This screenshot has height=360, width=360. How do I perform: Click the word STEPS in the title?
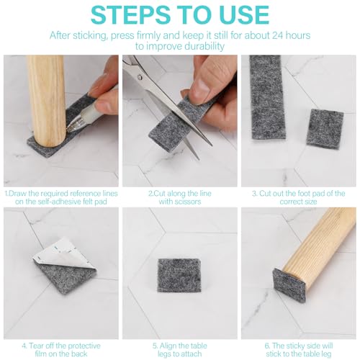click(x=130, y=14)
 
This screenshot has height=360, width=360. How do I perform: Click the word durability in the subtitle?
click(x=200, y=46)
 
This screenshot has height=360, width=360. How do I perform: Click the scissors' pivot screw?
click(x=140, y=77)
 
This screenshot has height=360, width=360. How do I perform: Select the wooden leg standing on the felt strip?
click(x=47, y=102)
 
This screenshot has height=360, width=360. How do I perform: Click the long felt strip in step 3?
click(x=267, y=97)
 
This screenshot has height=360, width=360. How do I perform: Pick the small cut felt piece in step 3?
click(x=325, y=129)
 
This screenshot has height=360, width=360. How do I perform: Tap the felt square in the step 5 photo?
click(x=179, y=276)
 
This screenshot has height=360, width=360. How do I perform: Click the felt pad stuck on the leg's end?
click(x=289, y=284)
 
